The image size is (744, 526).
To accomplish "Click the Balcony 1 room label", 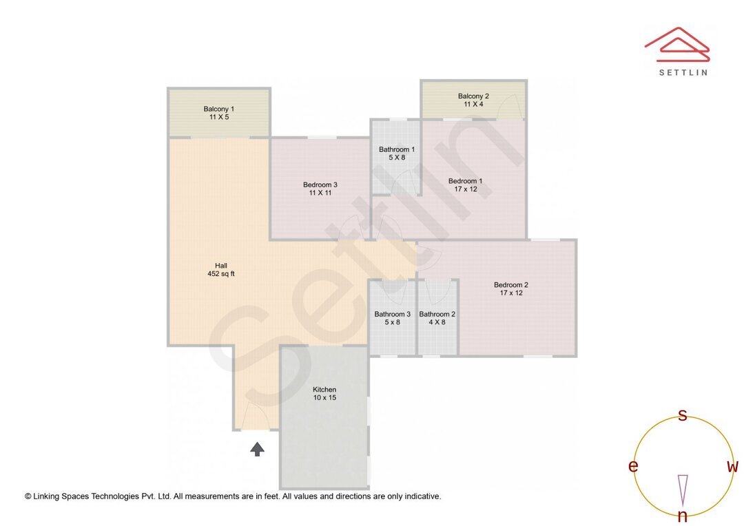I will (218, 109).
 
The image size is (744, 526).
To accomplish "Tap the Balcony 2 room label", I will (473, 96).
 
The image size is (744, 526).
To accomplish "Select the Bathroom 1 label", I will (397, 149).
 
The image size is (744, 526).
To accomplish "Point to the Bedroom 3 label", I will (320, 185).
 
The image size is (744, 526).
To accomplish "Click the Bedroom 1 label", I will (465, 181).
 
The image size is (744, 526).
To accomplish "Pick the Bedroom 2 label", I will (510, 285).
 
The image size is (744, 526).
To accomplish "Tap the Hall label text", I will (221, 266).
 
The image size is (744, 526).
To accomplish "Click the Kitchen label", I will (324, 390).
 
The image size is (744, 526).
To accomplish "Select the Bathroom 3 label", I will (392, 314).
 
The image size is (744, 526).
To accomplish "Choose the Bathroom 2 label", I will (437, 314).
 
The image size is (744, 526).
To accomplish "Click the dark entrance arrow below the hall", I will (257, 450).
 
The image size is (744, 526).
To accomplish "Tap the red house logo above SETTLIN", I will (676, 43).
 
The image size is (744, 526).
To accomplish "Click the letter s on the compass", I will (683, 415).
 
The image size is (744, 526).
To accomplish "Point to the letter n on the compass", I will (683, 516).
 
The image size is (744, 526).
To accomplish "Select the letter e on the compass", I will (632, 467).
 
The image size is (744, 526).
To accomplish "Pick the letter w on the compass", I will (732, 467).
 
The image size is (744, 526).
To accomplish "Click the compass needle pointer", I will (683, 489).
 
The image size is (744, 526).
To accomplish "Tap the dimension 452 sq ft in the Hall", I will (221, 274).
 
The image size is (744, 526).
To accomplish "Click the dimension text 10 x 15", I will (324, 398).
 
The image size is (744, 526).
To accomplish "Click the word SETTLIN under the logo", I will (683, 72).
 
